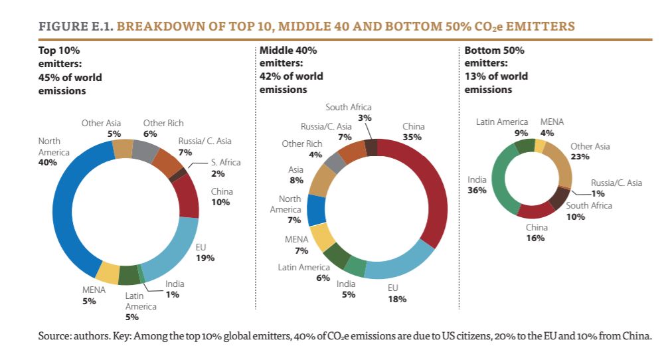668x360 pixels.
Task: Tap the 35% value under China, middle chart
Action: tap(413, 137)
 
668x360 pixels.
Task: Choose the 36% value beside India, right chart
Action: tap(477, 190)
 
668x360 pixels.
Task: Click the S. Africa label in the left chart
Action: tap(226, 162)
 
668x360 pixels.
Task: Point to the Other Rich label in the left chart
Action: tap(163, 123)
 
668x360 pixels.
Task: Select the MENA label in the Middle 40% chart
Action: tap(296, 239)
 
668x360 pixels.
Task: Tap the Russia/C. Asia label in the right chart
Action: tap(617, 183)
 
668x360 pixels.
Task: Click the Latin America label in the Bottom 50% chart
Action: tap(502, 122)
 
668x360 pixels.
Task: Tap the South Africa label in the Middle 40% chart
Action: tap(349, 108)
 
